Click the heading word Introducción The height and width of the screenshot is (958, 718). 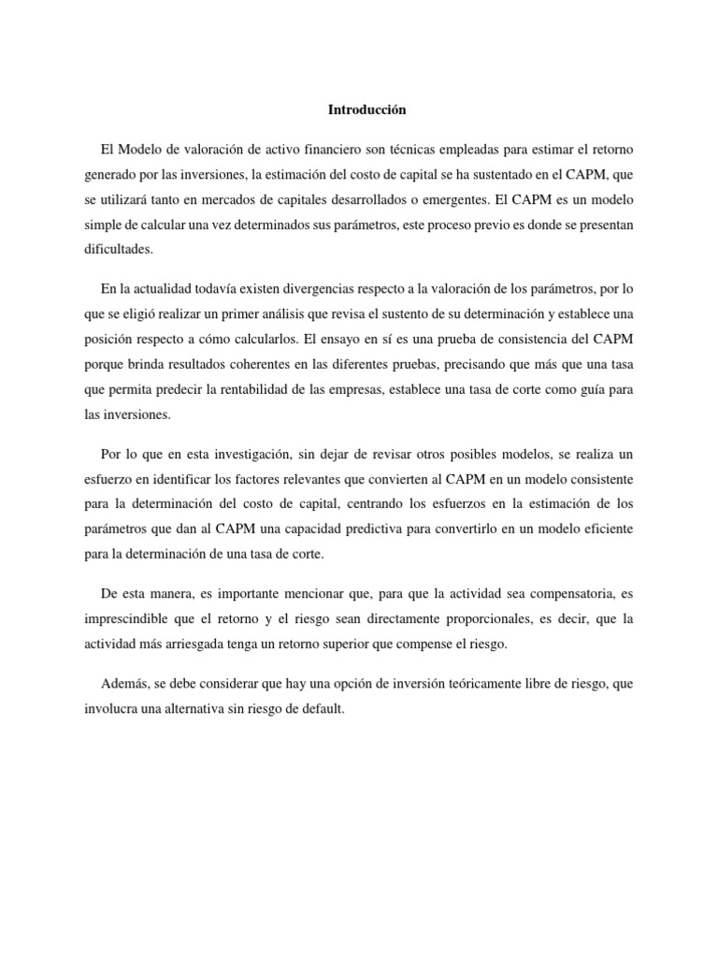pos(367,109)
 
